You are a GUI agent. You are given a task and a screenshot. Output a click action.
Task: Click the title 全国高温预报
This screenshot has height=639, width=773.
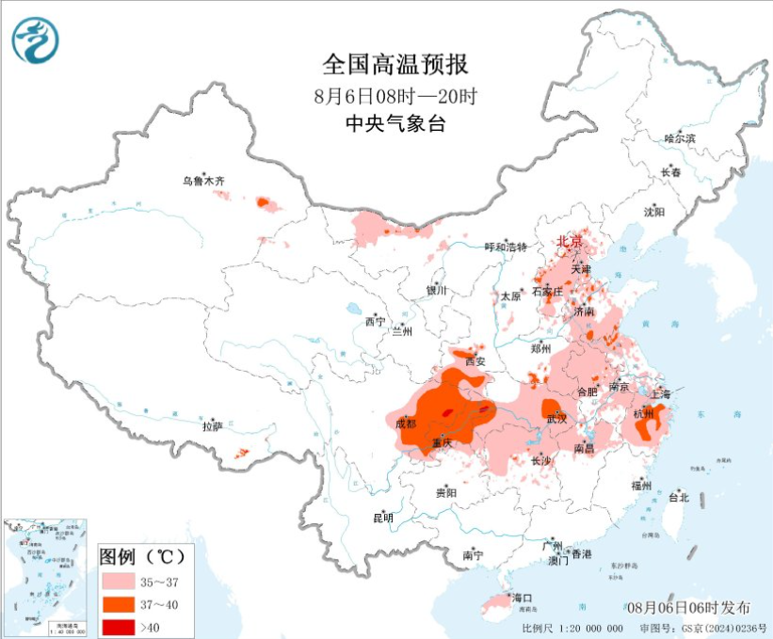(x=395, y=65)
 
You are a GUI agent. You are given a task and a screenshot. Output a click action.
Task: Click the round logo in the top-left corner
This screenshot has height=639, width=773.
(x=35, y=41)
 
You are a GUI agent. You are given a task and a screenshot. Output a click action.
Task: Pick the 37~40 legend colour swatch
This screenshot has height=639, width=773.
(x=121, y=600)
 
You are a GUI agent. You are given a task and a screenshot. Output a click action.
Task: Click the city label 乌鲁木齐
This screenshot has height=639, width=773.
(x=204, y=180)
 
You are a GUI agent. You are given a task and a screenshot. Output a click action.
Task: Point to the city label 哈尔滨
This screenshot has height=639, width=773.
(x=679, y=138)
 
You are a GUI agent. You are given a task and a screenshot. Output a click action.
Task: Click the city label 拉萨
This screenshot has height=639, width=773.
(x=212, y=425)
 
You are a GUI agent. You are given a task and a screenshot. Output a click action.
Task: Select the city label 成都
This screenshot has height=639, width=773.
(x=406, y=423)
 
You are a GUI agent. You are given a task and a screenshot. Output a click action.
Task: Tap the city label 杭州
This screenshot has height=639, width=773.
(x=644, y=414)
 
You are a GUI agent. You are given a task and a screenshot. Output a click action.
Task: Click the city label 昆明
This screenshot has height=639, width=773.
(x=383, y=518)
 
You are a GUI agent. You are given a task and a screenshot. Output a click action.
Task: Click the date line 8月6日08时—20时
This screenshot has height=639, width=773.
(x=395, y=95)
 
